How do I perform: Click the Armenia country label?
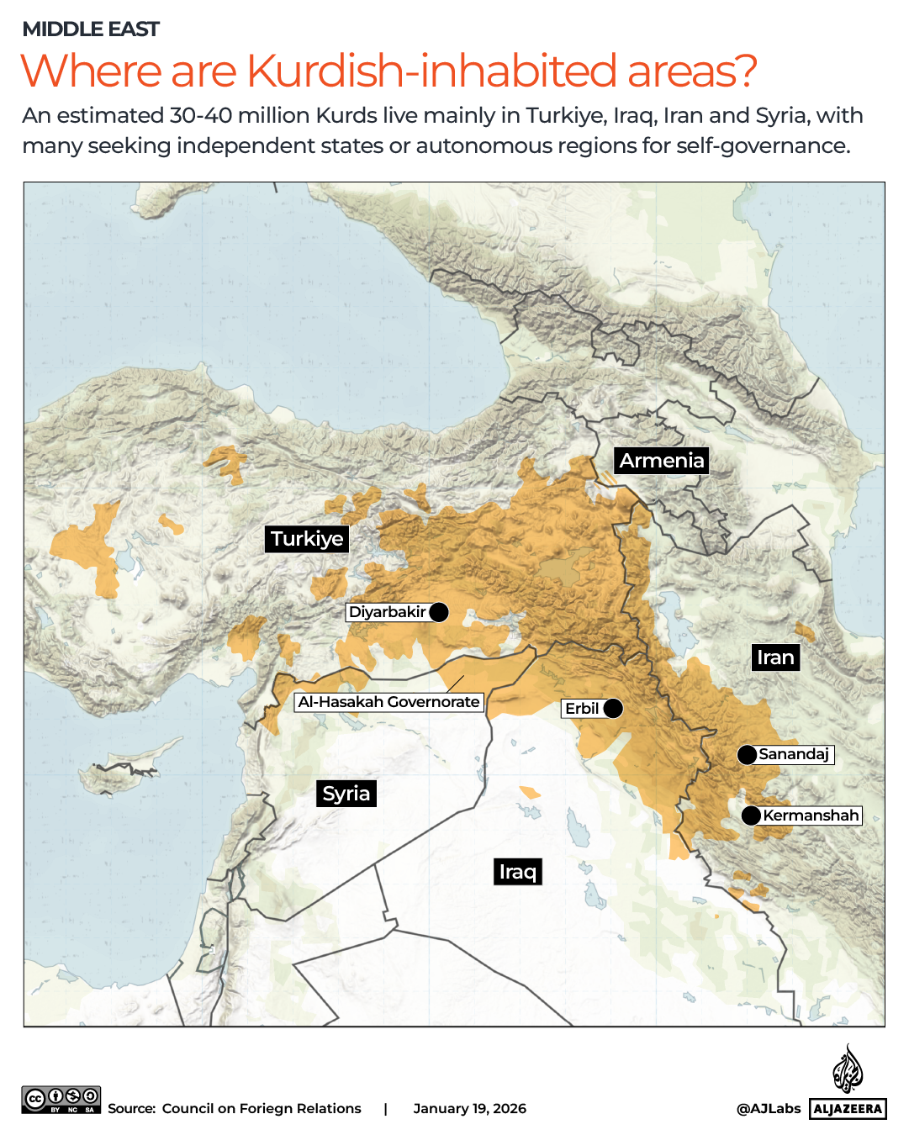coord(661,461)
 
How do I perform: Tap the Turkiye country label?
coord(307,539)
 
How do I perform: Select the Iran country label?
coord(774,657)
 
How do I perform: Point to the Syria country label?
coord(346,794)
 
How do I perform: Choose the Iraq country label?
coord(517,872)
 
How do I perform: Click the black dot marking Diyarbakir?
coord(439,612)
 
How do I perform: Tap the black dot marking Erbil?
coord(614,709)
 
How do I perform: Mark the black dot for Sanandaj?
coord(747,755)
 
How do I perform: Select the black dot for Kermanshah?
coord(751,816)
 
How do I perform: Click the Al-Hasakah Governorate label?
coord(388,702)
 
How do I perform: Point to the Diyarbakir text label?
coord(387,612)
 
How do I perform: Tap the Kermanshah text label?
coord(811,816)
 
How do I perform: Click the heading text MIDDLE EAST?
coord(91,29)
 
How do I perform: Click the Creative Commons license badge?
coord(61,1100)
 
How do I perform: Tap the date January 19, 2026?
coord(469,1108)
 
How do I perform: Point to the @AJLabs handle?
coord(768,1108)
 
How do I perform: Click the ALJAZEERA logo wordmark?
coord(848,1109)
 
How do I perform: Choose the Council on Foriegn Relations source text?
coord(262,1108)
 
